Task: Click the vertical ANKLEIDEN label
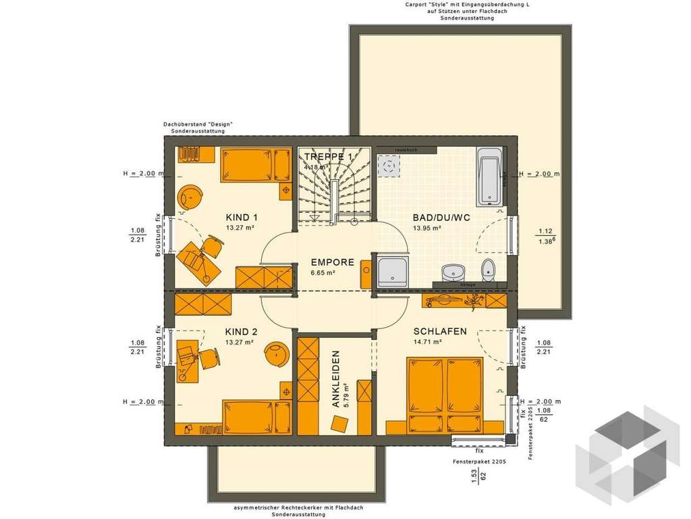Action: pos(336,378)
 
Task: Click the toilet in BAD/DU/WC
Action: pos(488,270)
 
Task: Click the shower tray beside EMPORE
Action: pos(393,272)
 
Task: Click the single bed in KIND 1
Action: pos(250,165)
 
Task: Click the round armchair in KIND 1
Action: pos(192,198)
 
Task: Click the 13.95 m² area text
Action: pos(427,228)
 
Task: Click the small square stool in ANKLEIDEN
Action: pos(339,424)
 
